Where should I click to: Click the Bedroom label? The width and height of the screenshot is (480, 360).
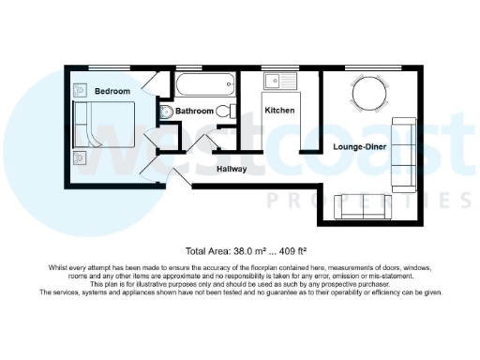click(112, 91)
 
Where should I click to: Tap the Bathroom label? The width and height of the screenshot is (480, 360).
click(195, 111)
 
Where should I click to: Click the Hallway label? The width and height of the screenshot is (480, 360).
click(232, 170)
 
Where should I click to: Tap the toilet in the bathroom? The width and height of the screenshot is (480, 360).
click(225, 111)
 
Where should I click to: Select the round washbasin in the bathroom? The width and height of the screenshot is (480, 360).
click(166, 112)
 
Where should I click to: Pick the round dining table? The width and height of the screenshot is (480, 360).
click(368, 90)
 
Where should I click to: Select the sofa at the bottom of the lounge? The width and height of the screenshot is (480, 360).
click(362, 206)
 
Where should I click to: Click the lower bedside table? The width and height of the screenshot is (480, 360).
click(80, 158)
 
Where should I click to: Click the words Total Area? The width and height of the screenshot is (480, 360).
click(207, 251)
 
